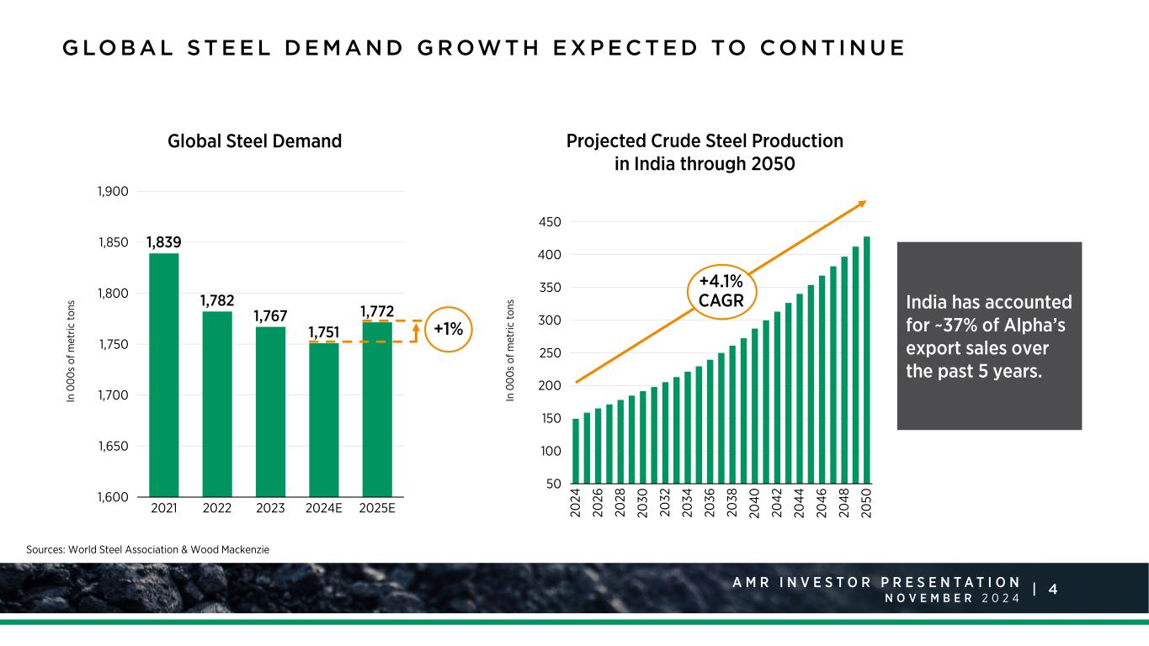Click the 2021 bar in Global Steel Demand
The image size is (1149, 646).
pyautogui.click(x=163, y=374)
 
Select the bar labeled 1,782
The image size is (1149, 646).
pyautogui.click(x=217, y=404)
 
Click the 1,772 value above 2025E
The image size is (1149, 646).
pyautogui.click(x=376, y=312)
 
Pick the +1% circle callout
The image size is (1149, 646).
pyautogui.click(x=449, y=329)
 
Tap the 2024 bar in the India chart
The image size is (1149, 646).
pyautogui.click(x=576, y=454)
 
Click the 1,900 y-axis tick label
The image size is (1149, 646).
pyautogui.click(x=112, y=192)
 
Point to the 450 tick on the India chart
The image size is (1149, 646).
pyautogui.click(x=551, y=222)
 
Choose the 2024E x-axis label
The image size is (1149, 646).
pyautogui.click(x=323, y=509)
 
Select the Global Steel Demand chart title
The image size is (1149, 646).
pyautogui.click(x=254, y=141)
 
